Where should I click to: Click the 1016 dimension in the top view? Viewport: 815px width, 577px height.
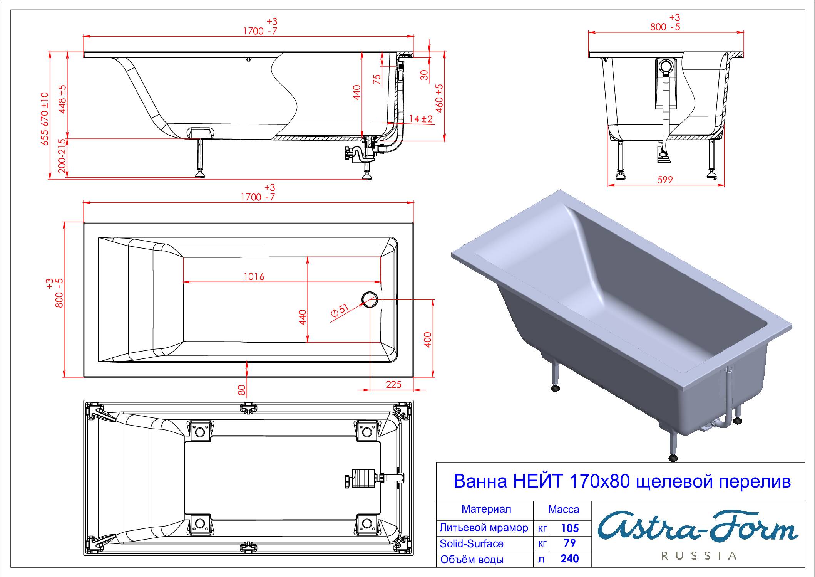[x=254, y=277]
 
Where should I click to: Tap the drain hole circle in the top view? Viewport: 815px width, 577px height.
[x=370, y=299]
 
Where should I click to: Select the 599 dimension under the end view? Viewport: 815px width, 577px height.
[x=665, y=180]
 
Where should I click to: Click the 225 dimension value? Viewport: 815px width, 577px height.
[x=393, y=384]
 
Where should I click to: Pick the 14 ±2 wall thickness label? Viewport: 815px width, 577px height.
[x=421, y=119]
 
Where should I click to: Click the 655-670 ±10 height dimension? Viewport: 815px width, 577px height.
[x=45, y=119]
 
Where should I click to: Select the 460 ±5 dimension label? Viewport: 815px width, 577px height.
[x=439, y=98]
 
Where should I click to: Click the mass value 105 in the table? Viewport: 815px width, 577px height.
[x=570, y=528]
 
